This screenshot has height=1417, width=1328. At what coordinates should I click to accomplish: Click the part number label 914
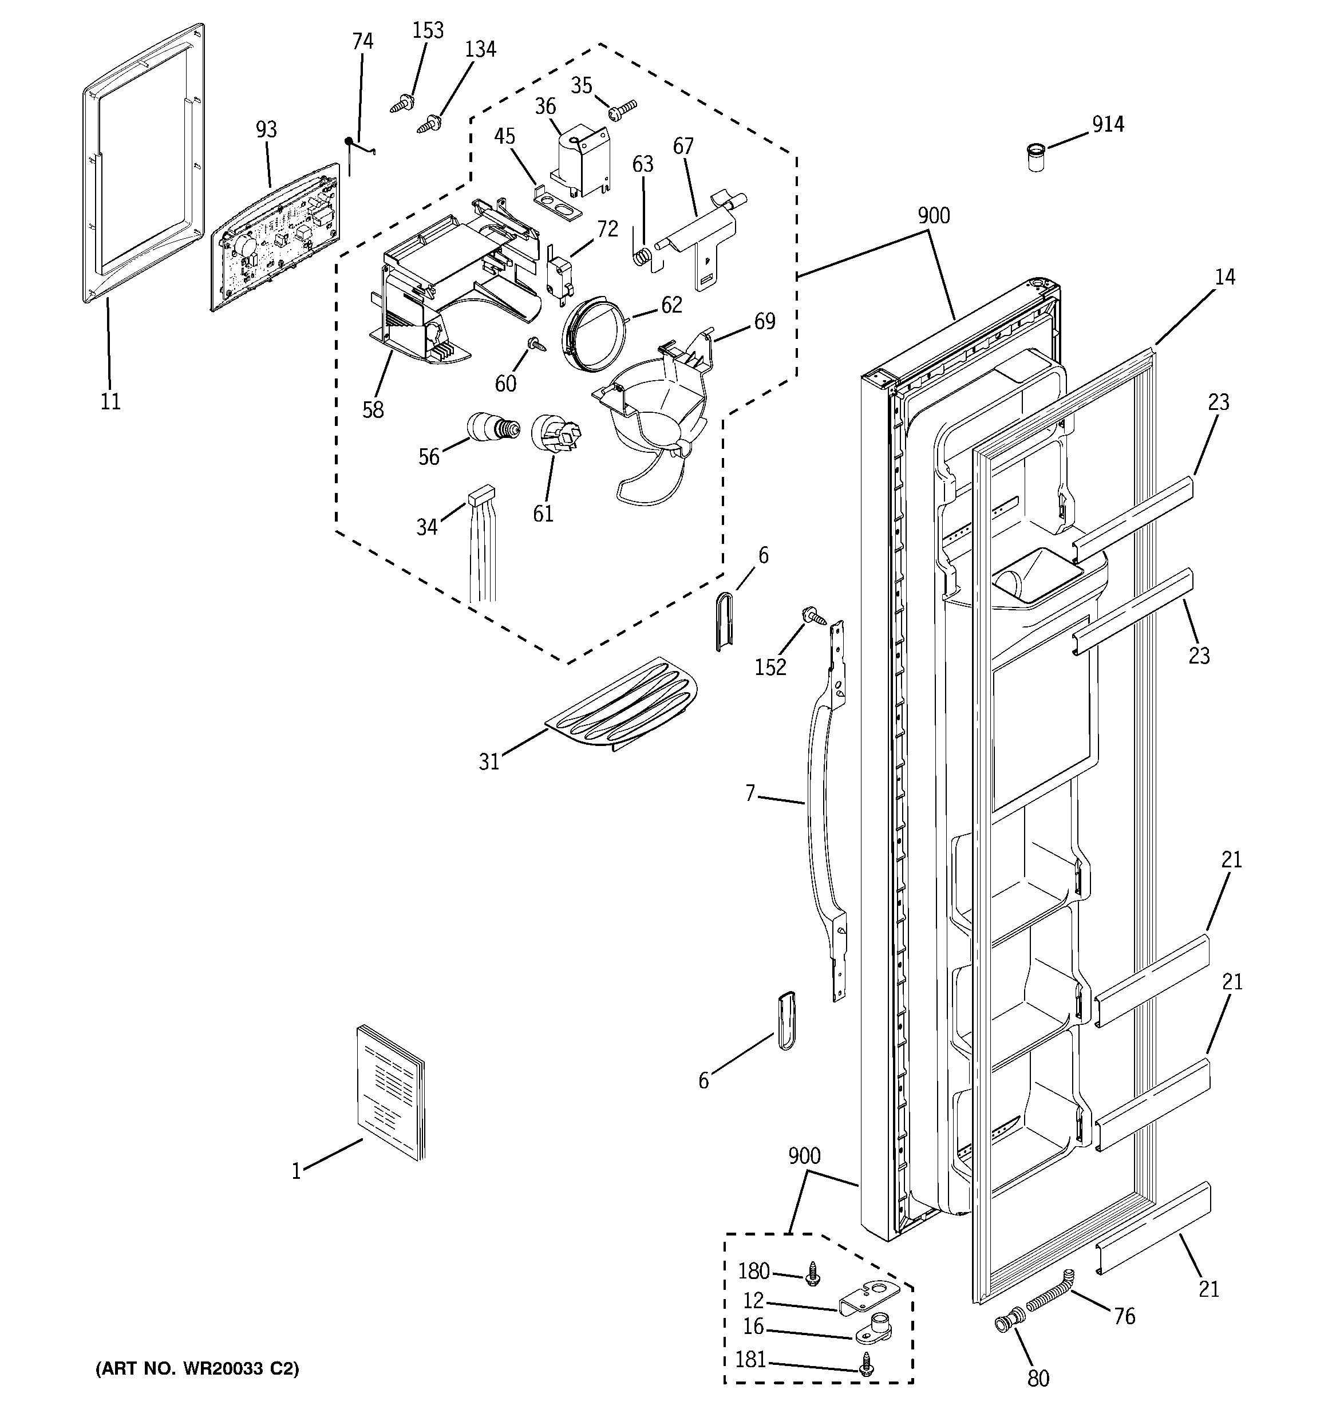point(1108,124)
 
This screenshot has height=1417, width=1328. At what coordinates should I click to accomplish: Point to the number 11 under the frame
point(110,401)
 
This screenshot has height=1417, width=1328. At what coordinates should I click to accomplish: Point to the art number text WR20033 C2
point(197,1368)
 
